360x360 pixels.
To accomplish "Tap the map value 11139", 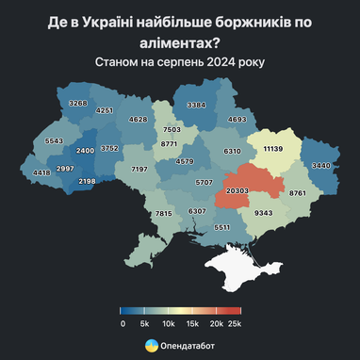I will tap(274, 149).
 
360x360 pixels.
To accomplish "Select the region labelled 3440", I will tap(322, 166).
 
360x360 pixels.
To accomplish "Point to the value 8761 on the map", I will tap(300, 192).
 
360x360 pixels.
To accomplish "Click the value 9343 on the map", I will tap(264, 213).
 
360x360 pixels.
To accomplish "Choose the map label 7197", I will tap(139, 169).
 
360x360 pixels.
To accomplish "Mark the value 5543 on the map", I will tap(54, 140).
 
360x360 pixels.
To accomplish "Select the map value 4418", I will tap(41, 172).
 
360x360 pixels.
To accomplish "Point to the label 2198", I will tap(87, 180).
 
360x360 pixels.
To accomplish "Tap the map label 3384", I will tap(196, 105).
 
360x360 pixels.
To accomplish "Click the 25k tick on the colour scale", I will tap(235, 323).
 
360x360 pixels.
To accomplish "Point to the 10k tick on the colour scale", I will tap(168, 323).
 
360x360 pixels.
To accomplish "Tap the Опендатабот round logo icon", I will tap(151, 346).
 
